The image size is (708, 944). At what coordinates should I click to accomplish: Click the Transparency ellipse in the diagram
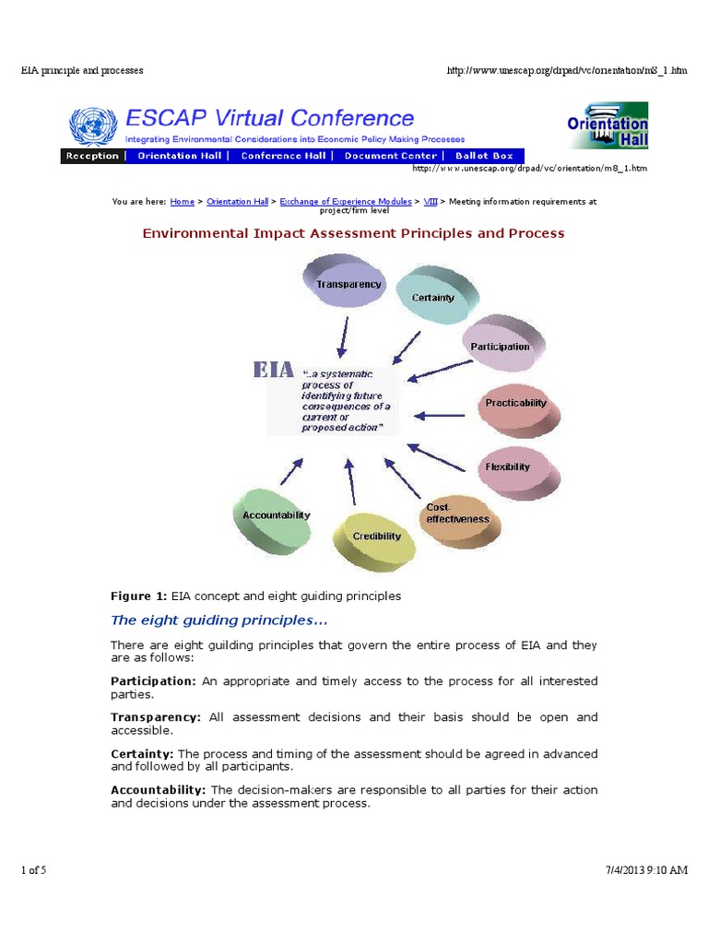(348, 284)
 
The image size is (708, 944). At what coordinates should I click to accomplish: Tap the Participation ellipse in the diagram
(501, 347)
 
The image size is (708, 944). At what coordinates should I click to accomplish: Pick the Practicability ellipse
(517, 403)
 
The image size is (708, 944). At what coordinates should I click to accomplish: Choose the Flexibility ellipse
(509, 466)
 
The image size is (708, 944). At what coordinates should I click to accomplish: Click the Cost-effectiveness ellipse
(457, 514)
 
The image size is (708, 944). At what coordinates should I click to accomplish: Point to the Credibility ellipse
(377, 536)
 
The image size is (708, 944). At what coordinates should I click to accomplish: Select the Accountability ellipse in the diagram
(276, 515)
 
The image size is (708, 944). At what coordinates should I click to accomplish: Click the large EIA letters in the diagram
(274, 370)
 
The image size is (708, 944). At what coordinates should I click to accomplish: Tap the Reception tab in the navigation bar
(92, 156)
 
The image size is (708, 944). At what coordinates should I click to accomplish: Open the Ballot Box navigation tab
(484, 156)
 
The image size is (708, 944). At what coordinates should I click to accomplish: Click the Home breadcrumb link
(183, 201)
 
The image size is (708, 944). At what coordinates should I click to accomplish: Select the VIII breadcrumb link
(431, 201)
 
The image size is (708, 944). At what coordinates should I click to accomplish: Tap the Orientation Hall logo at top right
(608, 126)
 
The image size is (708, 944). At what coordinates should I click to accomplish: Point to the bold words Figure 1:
(139, 596)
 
